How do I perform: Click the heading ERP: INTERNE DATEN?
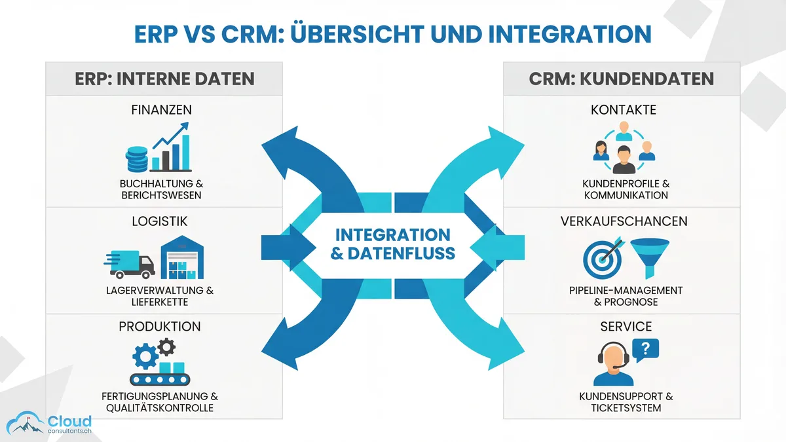click(x=164, y=79)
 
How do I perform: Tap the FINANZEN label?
click(x=160, y=110)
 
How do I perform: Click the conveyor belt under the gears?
click(x=160, y=379)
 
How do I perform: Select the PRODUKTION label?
click(x=160, y=326)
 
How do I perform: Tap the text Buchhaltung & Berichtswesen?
click(x=161, y=190)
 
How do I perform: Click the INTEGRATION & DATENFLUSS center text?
click(x=393, y=244)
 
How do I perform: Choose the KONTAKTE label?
click(x=623, y=110)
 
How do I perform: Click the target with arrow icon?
click(x=601, y=258)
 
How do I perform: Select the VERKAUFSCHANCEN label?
click(x=624, y=221)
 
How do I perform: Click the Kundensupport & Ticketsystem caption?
click(x=626, y=402)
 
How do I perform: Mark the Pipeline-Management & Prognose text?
click(x=626, y=296)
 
